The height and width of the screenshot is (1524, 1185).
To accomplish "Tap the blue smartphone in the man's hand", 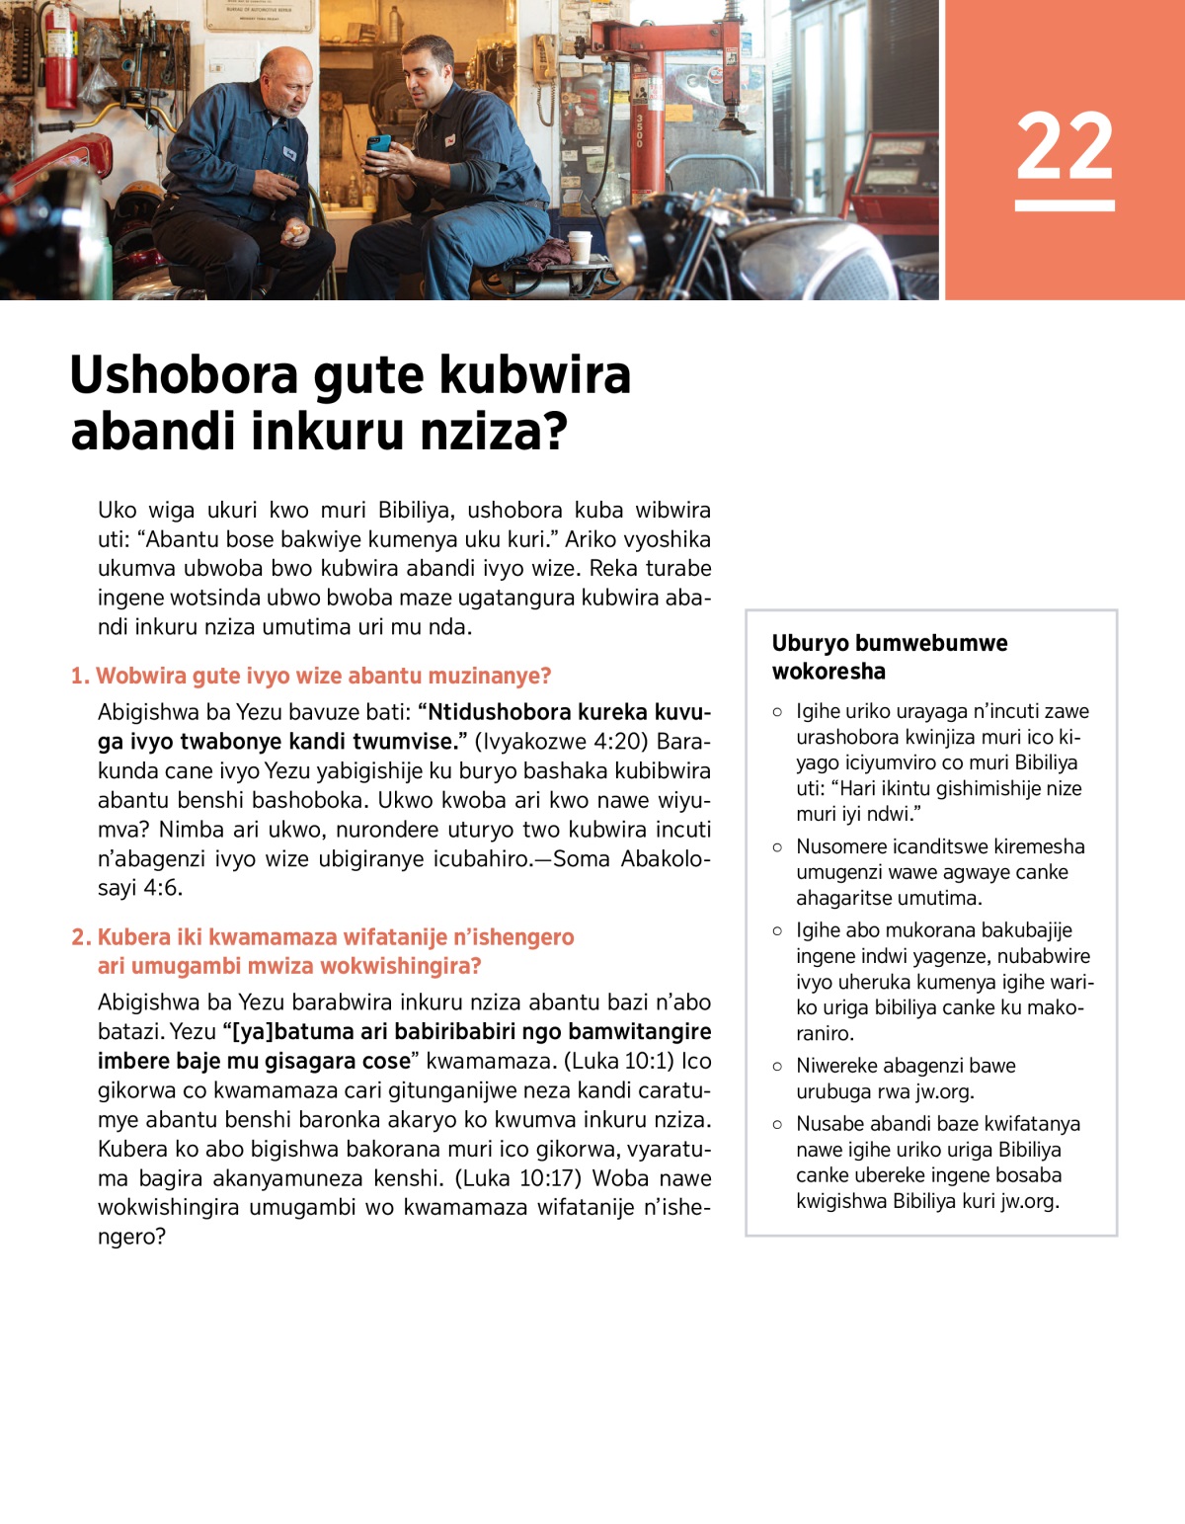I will tap(379, 145).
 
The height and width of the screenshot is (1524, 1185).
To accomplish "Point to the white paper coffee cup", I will tap(579, 246).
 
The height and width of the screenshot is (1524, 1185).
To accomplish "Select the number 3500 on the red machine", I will tap(639, 129).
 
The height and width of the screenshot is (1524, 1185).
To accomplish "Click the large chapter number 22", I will tap(1065, 147).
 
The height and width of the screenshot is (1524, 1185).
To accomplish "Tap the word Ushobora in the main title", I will tap(184, 375).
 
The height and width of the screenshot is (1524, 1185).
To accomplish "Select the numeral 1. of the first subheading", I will tap(80, 676).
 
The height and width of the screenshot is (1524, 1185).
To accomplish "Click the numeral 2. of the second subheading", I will tap(81, 936).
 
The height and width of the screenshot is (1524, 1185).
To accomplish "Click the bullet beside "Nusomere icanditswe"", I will tap(778, 846).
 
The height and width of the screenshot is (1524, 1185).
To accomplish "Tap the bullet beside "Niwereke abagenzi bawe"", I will tap(778, 1066).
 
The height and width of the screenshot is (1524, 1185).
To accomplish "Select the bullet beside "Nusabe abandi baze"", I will tap(778, 1124).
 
